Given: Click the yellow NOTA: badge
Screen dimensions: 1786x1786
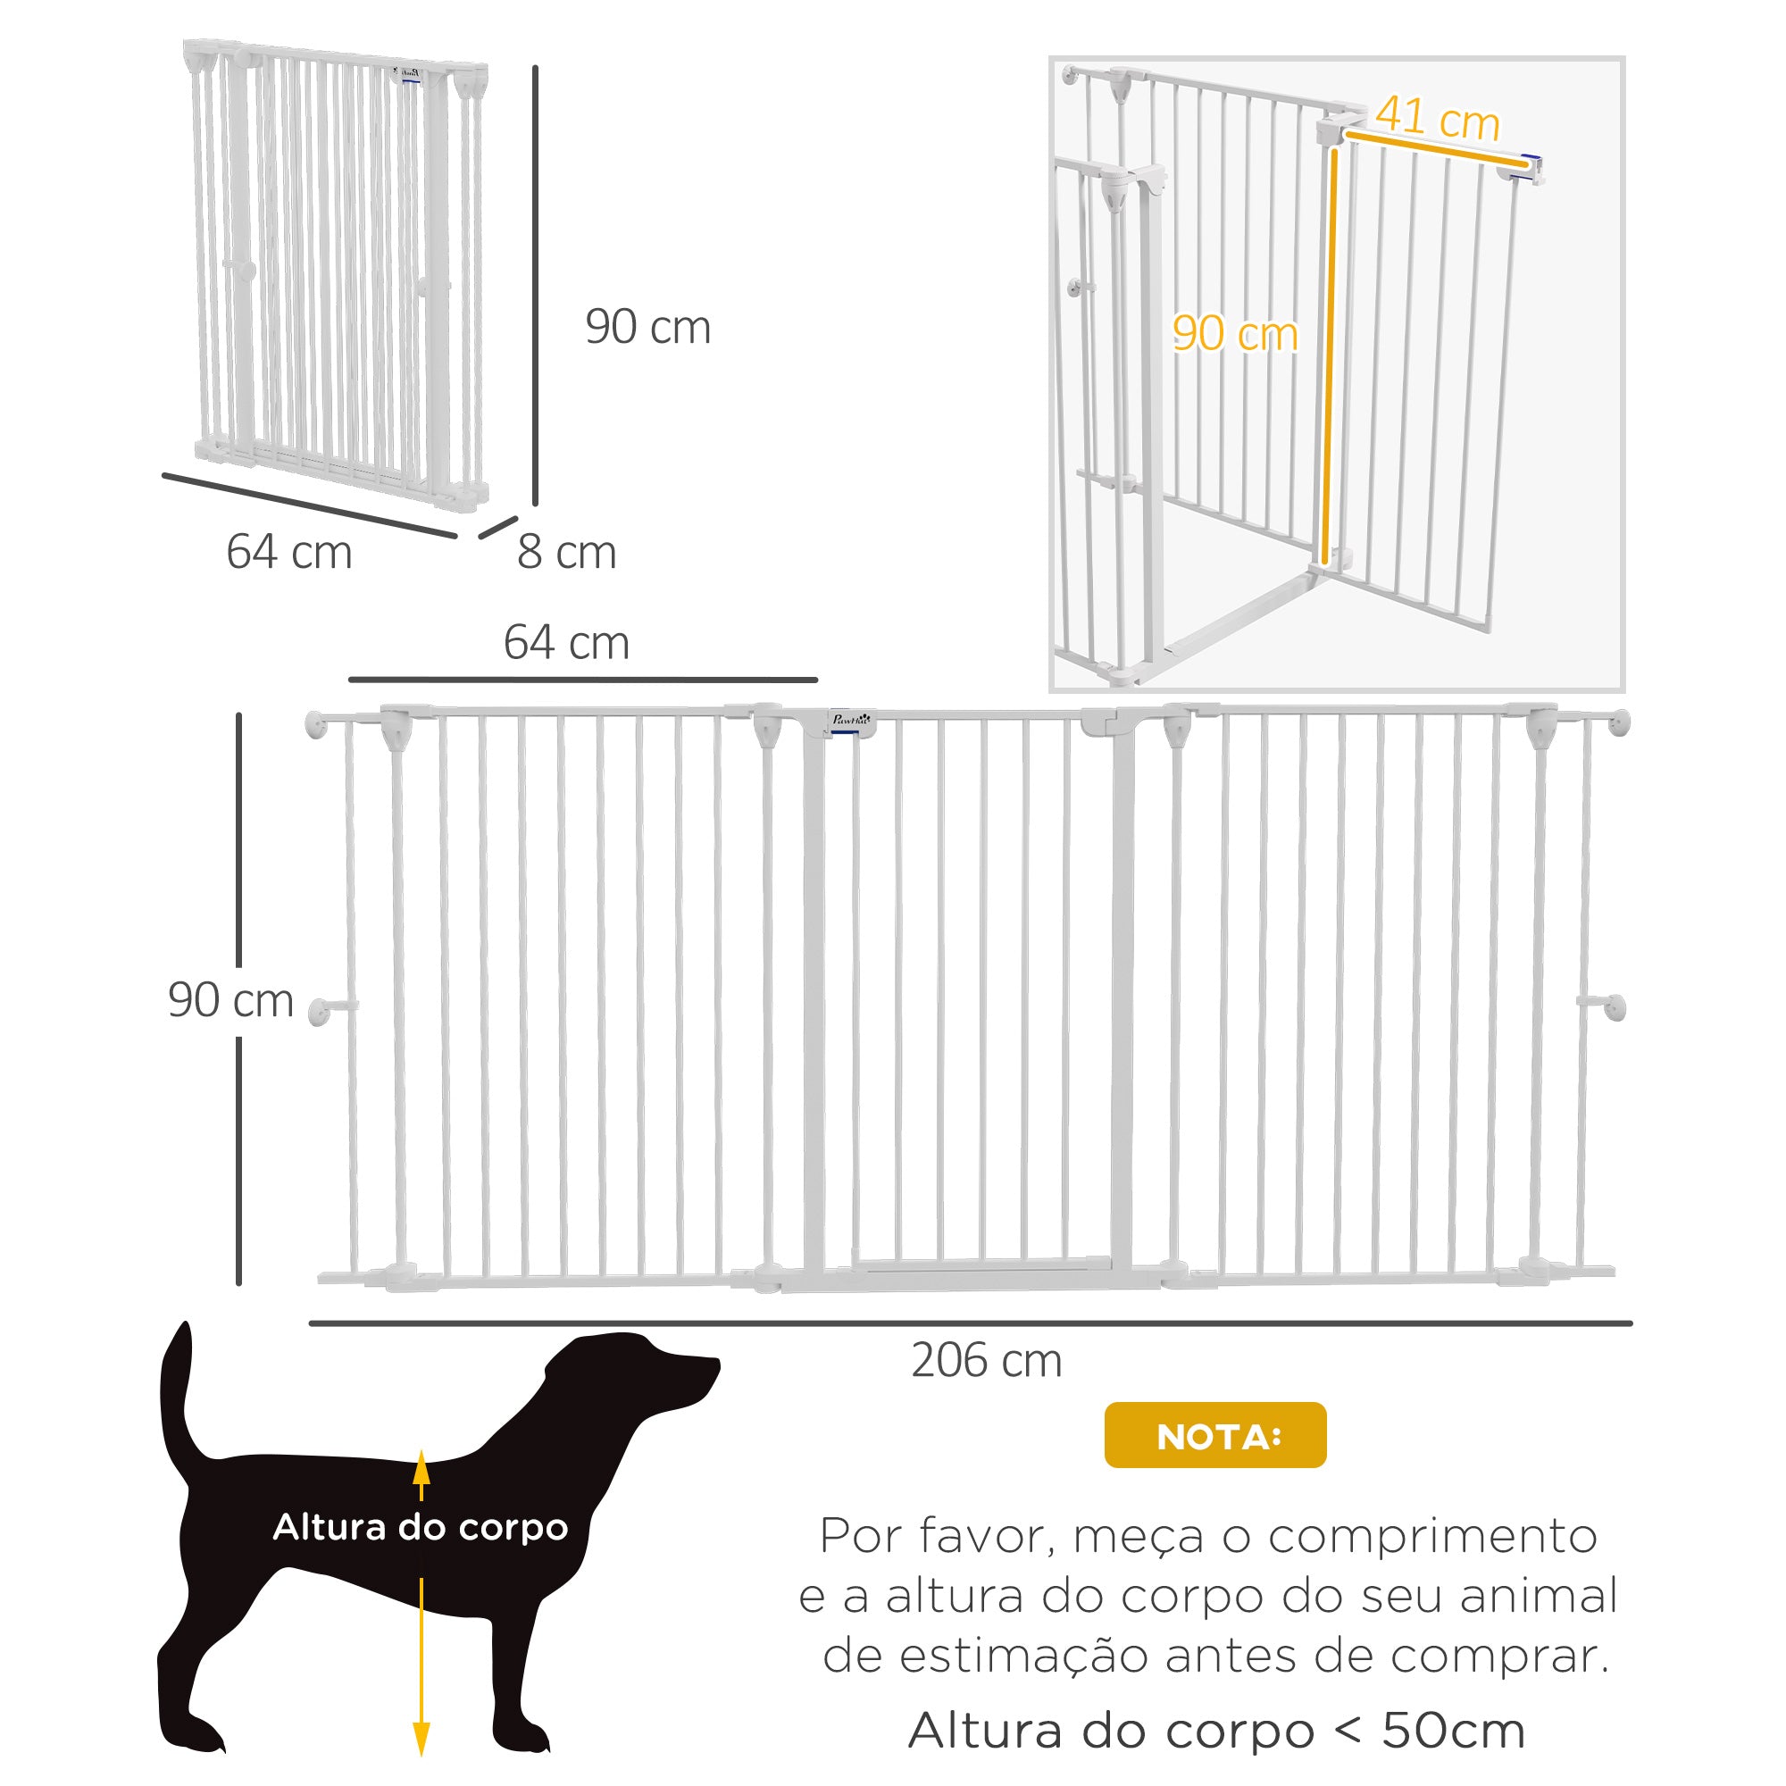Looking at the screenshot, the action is tap(1214, 1436).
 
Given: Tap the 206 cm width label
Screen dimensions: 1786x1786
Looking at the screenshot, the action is tap(987, 1361).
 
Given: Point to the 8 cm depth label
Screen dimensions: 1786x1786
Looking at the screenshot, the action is tap(567, 552).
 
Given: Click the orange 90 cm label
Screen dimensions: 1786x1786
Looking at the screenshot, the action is tap(1235, 333).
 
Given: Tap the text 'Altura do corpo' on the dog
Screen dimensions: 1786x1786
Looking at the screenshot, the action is tap(421, 1527).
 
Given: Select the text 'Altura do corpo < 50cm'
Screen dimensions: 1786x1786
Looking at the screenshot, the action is tap(1216, 1731).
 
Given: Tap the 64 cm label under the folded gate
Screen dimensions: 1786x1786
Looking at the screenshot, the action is tap(289, 552).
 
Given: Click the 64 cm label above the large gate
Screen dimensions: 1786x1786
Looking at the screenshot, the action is tap(567, 642).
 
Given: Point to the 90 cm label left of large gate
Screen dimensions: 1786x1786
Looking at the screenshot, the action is tap(231, 1000).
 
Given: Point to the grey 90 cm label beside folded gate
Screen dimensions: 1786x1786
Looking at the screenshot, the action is tap(648, 327).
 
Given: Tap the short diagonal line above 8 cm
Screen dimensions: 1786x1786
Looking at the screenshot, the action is tap(498, 527).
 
